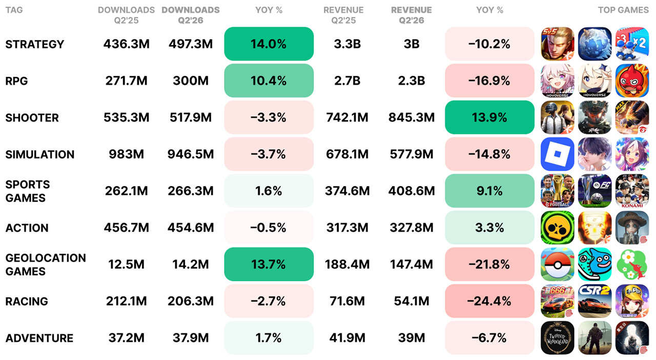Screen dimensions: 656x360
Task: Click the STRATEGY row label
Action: coord(34,44)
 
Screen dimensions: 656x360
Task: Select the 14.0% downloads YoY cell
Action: coord(269,44)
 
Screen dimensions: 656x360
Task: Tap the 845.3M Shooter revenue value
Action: coord(412,117)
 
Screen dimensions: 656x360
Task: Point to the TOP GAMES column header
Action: coord(623,10)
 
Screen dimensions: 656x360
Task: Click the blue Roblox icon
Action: coord(557,154)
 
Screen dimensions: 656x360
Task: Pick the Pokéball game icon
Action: coord(557,265)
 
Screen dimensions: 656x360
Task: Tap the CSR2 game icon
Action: coord(595,301)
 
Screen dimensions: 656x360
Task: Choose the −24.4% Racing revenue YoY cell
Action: coord(489,301)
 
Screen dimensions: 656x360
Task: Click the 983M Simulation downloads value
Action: coord(126,154)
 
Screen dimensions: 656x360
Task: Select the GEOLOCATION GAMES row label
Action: coord(46,265)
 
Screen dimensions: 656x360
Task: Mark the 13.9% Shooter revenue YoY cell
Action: coord(489,117)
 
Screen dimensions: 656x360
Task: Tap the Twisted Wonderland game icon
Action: coord(557,338)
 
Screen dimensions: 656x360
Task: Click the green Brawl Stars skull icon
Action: coord(557,228)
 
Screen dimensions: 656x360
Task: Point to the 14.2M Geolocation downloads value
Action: coord(191,265)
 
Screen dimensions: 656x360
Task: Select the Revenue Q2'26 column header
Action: coord(412,15)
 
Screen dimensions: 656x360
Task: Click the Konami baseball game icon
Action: coord(632,191)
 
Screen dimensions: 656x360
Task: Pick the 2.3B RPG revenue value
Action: coord(412,81)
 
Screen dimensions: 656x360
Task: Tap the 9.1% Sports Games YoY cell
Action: coord(489,191)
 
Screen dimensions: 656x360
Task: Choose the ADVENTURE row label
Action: coord(39,338)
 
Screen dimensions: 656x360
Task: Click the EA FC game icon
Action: coord(595,191)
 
